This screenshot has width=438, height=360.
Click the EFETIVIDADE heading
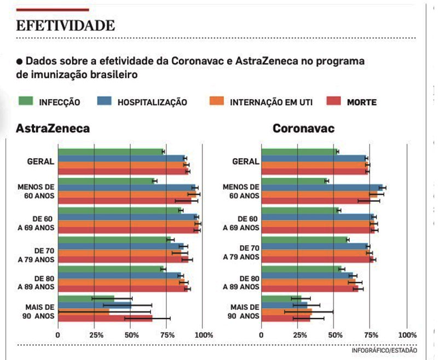pos(65,25)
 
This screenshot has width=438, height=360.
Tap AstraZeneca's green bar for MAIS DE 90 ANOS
pos(86,299)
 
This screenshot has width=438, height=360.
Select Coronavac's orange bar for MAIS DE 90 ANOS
pos(286,312)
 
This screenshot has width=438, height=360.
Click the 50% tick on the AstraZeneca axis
pos(130,334)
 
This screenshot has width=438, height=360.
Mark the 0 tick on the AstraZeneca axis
pos(57,334)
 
